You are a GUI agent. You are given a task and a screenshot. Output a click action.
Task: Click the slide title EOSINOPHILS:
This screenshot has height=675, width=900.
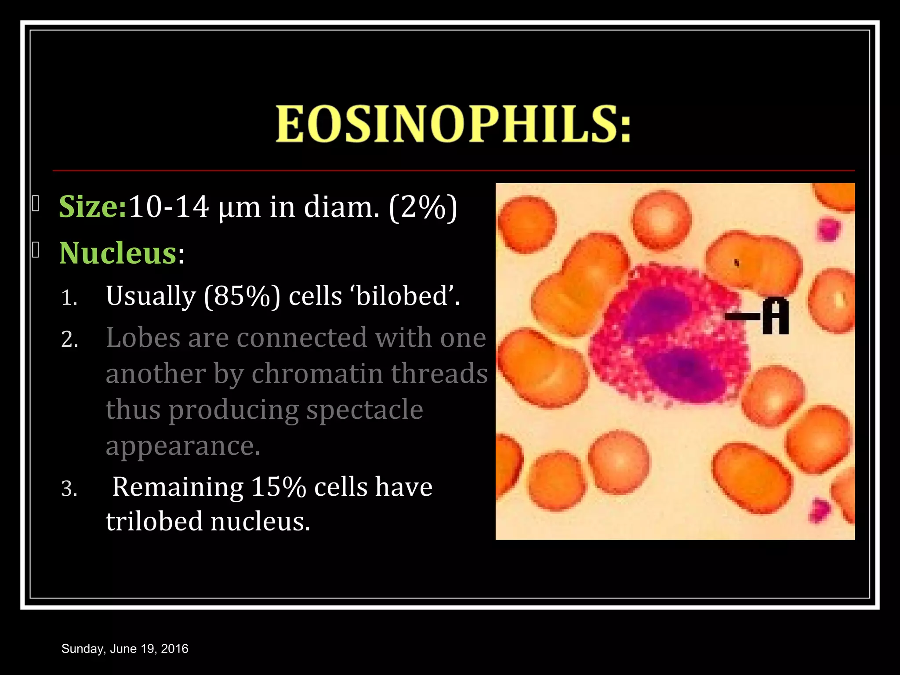(453, 124)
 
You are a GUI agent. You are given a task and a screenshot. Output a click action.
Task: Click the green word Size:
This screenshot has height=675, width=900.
(93, 207)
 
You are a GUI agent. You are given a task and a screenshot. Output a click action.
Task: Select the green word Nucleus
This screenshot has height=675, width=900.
(118, 254)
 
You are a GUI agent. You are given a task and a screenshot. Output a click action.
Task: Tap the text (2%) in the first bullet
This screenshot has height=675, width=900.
(423, 207)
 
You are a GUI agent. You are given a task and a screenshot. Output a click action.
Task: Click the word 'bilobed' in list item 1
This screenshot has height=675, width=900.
(403, 296)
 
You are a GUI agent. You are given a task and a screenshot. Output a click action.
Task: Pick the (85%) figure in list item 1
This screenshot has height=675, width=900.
(242, 296)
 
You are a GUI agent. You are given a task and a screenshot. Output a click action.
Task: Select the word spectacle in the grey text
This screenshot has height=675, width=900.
(364, 410)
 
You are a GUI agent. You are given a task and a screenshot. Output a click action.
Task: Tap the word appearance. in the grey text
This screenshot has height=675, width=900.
(183, 446)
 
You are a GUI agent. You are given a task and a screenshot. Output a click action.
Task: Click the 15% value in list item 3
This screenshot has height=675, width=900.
(278, 487)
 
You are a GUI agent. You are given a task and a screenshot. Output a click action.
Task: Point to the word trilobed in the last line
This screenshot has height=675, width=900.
(154, 522)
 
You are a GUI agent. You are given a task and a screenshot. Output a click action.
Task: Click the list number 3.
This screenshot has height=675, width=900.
(69, 489)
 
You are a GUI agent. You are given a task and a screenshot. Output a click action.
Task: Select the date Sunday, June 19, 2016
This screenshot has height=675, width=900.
(125, 649)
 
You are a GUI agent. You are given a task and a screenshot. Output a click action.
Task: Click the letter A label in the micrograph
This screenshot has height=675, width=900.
(776, 316)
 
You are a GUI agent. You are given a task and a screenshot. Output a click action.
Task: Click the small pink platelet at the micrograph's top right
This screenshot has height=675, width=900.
(828, 229)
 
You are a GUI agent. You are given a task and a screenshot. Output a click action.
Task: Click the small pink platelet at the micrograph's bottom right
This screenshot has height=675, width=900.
(818, 510)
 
